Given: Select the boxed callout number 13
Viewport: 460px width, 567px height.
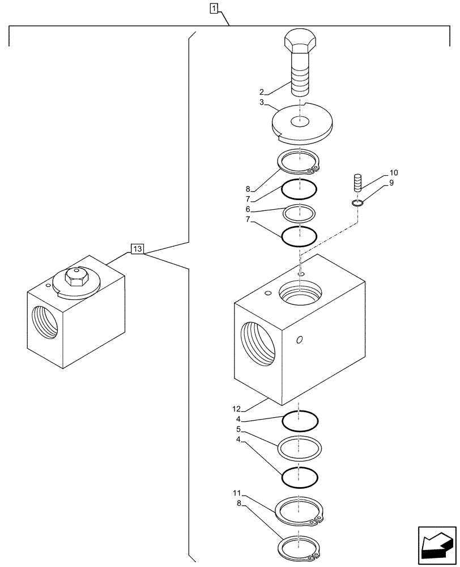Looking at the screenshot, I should tap(138, 248).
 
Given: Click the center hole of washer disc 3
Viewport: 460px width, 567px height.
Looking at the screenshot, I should tap(300, 121).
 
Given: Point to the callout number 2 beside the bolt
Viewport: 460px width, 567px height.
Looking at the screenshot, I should tap(262, 91).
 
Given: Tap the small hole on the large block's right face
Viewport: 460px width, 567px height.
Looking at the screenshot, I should tap(300, 340).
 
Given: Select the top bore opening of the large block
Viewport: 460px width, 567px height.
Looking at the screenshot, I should tap(301, 295).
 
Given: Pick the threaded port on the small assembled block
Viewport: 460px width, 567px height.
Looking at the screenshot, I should tap(45, 323).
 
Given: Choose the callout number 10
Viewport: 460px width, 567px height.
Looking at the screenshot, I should tap(394, 172).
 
